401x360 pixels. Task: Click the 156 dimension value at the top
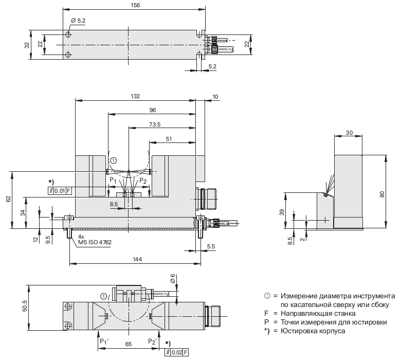tap(136, 5)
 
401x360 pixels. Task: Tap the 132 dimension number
tap(135, 96)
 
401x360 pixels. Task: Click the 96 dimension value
tap(152, 110)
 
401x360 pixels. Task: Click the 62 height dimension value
tap(8, 200)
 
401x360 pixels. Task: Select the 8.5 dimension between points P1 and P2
tap(114, 204)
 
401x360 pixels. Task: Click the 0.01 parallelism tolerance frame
tap(59, 191)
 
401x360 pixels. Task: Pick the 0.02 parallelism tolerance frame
tap(176, 352)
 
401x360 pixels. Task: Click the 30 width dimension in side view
tap(349, 133)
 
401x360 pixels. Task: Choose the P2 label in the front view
tap(143, 181)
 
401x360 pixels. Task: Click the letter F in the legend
tap(267, 313)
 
